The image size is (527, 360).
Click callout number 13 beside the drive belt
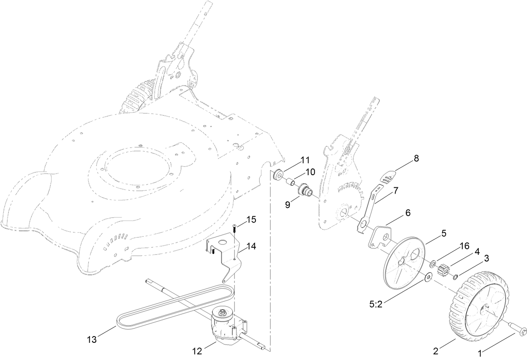point(92,339)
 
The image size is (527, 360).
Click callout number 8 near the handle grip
point(416,158)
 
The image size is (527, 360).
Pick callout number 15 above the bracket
point(251,219)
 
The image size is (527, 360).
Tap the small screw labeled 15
point(234,227)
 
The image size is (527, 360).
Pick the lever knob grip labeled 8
point(389,176)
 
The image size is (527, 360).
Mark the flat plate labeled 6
point(380,237)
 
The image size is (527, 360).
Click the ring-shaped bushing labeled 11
point(277,174)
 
